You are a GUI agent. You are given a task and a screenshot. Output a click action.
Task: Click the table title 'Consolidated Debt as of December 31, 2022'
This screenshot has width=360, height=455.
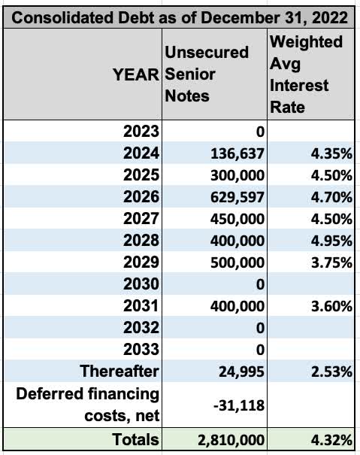click(180, 16)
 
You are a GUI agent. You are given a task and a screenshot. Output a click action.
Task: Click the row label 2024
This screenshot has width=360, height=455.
click(143, 154)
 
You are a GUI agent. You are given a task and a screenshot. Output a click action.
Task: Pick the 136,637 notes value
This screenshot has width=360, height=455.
click(231, 155)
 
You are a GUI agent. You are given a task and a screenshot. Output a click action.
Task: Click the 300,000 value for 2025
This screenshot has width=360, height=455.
click(231, 176)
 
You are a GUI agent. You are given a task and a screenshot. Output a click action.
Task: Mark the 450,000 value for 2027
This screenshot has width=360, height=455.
click(231, 220)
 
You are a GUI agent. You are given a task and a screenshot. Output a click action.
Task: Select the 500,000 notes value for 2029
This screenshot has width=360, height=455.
click(231, 263)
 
